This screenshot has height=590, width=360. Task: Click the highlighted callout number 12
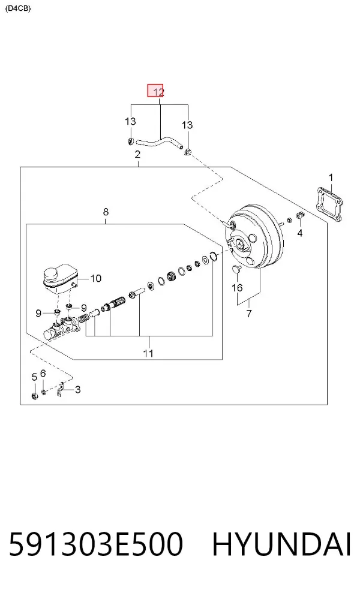pyautogui.click(x=155, y=91)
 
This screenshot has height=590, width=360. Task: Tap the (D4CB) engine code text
pyautogui.click(x=18, y=8)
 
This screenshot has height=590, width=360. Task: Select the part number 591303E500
pyautogui.click(x=95, y=544)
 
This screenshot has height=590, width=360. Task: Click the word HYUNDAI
pyautogui.click(x=281, y=544)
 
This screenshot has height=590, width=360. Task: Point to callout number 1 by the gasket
pyautogui.click(x=331, y=177)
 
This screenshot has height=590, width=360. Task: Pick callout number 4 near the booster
pyautogui.click(x=300, y=233)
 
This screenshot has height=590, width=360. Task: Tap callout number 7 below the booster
pyautogui.click(x=249, y=313)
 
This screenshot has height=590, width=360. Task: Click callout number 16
pyautogui.click(x=237, y=288)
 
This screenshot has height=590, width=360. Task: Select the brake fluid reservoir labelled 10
pyautogui.click(x=60, y=279)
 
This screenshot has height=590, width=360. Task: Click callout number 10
pyautogui.click(x=96, y=278)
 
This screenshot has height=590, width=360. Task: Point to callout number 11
pyautogui.click(x=148, y=353)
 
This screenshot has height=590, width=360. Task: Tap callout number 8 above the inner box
pyautogui.click(x=106, y=212)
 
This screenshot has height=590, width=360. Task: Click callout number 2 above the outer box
pyautogui.click(x=137, y=154)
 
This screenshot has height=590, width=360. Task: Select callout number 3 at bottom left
pyautogui.click(x=77, y=390)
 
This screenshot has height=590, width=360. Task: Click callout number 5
pyautogui.click(x=34, y=377)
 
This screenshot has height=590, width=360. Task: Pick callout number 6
pyautogui.click(x=43, y=374)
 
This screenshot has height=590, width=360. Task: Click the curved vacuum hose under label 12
pyautogui.click(x=159, y=143)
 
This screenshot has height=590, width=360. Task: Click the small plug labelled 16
pyautogui.click(x=236, y=269)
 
